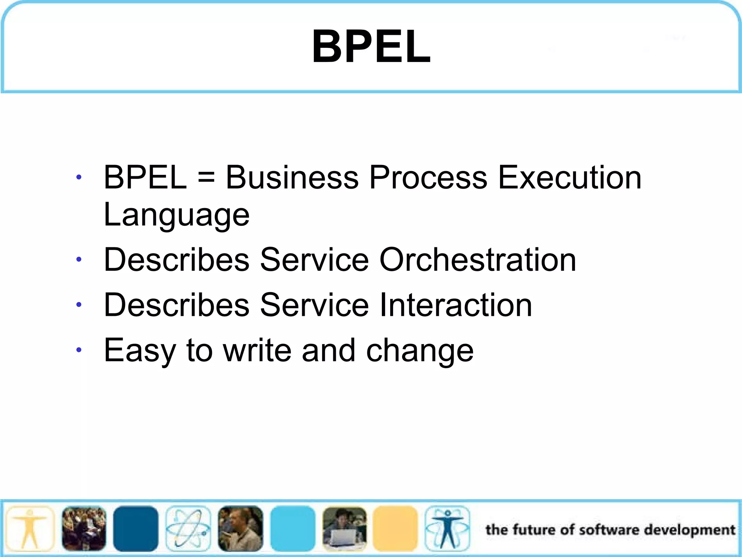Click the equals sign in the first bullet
(206, 178)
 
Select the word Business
(292, 178)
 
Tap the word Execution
(569, 178)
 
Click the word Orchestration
(478, 260)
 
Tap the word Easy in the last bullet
(140, 351)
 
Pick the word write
(257, 350)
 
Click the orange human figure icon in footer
(30, 529)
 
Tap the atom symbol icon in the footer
(188, 529)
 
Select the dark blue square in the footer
(136, 529)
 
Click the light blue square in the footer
(293, 529)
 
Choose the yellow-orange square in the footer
(395, 529)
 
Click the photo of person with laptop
(344, 529)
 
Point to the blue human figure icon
(447, 529)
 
